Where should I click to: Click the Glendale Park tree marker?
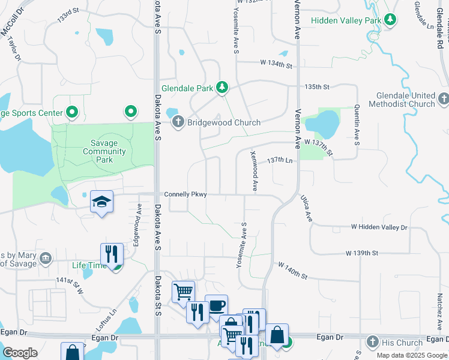pyautogui.click(x=222, y=88)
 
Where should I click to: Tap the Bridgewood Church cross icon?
pyautogui.click(x=178, y=122)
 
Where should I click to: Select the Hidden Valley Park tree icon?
pyautogui.click(x=390, y=20)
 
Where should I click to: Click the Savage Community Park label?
pyautogui.click(x=105, y=152)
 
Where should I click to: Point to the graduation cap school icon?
pyautogui.click(x=101, y=202)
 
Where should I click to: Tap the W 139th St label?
pyautogui.click(x=362, y=253)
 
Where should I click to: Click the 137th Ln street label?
pyautogui.click(x=281, y=160)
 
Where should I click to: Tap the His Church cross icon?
pyautogui.click(x=372, y=343)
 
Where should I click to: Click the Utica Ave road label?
pyautogui.click(x=306, y=208)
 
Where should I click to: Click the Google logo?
pyautogui.click(x=20, y=353)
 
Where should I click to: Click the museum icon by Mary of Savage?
pyautogui.click(x=46, y=259)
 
